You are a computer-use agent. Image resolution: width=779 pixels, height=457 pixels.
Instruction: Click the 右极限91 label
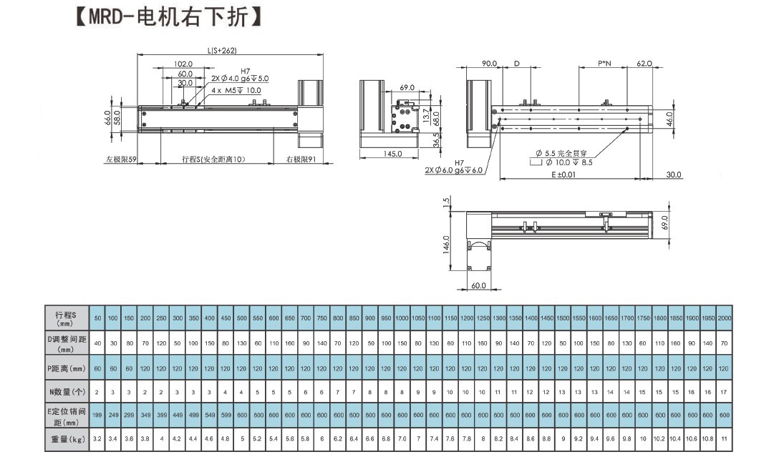301,159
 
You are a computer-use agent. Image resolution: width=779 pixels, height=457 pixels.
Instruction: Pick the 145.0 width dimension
393,154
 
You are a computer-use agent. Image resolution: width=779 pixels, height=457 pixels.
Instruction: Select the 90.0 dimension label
489,64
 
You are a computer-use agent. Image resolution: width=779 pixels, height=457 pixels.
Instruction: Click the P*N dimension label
604,64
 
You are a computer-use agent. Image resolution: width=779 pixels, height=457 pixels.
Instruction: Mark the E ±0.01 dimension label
565,175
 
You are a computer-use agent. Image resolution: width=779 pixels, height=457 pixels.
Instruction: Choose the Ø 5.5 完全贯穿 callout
566,153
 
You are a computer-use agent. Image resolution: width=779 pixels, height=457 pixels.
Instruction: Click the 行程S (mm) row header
66,318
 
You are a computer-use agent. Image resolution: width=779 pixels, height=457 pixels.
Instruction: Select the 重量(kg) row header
66,438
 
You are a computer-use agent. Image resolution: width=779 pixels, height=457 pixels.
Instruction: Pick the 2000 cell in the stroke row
724,318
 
